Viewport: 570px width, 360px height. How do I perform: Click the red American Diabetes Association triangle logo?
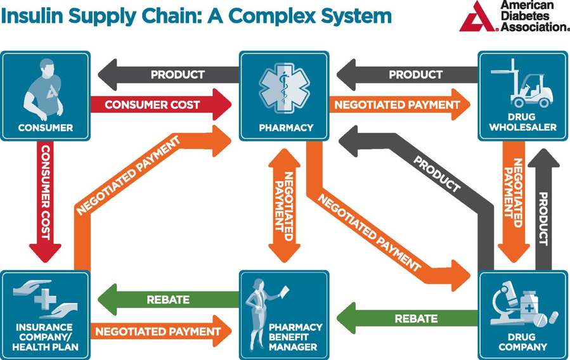click(x=477, y=18)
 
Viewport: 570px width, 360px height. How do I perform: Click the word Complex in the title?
click(x=273, y=16)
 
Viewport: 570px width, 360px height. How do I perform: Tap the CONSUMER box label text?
click(x=46, y=128)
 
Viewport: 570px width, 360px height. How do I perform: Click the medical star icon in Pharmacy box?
click(x=284, y=89)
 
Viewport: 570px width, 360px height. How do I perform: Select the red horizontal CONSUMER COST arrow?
click(x=160, y=105)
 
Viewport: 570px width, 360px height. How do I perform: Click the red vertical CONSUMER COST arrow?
click(x=45, y=202)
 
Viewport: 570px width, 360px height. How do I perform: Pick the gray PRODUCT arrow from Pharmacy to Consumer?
click(x=168, y=75)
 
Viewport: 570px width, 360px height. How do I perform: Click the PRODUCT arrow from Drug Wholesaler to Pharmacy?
click(x=407, y=75)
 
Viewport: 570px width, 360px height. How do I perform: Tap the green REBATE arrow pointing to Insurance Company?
click(x=168, y=299)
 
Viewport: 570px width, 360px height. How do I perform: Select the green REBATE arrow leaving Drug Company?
click(x=407, y=318)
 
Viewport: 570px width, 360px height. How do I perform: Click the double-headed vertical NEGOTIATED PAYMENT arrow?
click(x=284, y=205)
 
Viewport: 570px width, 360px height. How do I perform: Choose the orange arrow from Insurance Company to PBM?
click(x=160, y=331)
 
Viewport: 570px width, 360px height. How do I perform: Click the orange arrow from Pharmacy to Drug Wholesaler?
click(x=400, y=105)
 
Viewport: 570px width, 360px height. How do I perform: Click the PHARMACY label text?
click(x=286, y=128)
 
